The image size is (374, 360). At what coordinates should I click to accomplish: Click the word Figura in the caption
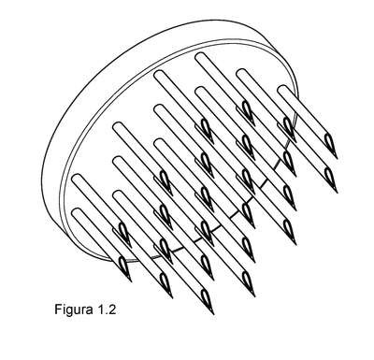click(74, 310)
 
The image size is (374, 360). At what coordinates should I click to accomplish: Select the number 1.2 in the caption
click(107, 310)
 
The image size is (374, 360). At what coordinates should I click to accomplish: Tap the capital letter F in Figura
click(58, 310)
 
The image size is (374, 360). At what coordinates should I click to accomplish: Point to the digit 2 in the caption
click(112, 310)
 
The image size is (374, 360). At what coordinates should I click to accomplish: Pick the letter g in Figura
click(67, 311)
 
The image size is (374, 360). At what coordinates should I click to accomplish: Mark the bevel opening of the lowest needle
click(205, 296)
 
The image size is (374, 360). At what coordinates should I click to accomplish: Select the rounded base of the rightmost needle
click(283, 90)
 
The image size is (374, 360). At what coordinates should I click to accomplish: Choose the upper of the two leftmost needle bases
click(78, 180)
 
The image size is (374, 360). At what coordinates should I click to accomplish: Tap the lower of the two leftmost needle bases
click(78, 213)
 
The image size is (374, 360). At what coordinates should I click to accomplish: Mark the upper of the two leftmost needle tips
click(131, 247)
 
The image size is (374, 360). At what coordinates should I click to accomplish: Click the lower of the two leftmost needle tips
click(131, 281)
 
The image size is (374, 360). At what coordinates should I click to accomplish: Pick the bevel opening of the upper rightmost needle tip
click(328, 141)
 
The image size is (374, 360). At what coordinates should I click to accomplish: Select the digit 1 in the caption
click(101, 310)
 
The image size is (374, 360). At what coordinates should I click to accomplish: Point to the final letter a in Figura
click(89, 310)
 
